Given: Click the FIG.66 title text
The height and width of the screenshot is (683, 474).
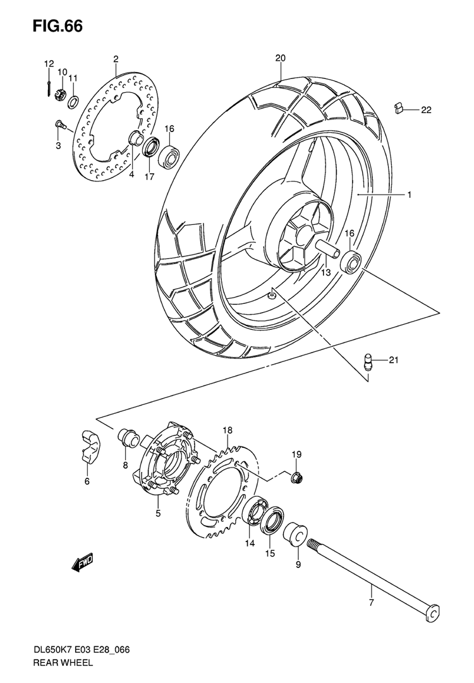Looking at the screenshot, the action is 57,26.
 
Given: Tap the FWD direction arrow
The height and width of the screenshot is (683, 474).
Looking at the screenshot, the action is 83,563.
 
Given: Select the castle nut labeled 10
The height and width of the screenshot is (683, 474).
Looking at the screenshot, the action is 60,94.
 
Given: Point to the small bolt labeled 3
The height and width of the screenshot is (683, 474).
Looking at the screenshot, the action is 60,126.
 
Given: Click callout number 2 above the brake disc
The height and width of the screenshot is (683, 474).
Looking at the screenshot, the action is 116,59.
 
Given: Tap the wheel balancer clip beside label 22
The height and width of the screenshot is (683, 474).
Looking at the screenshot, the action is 398,107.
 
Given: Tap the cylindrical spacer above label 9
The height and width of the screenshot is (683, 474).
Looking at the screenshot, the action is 296,535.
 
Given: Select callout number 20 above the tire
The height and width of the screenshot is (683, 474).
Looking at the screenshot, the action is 280,58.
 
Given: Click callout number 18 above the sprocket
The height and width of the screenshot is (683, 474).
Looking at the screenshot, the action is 228,431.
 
